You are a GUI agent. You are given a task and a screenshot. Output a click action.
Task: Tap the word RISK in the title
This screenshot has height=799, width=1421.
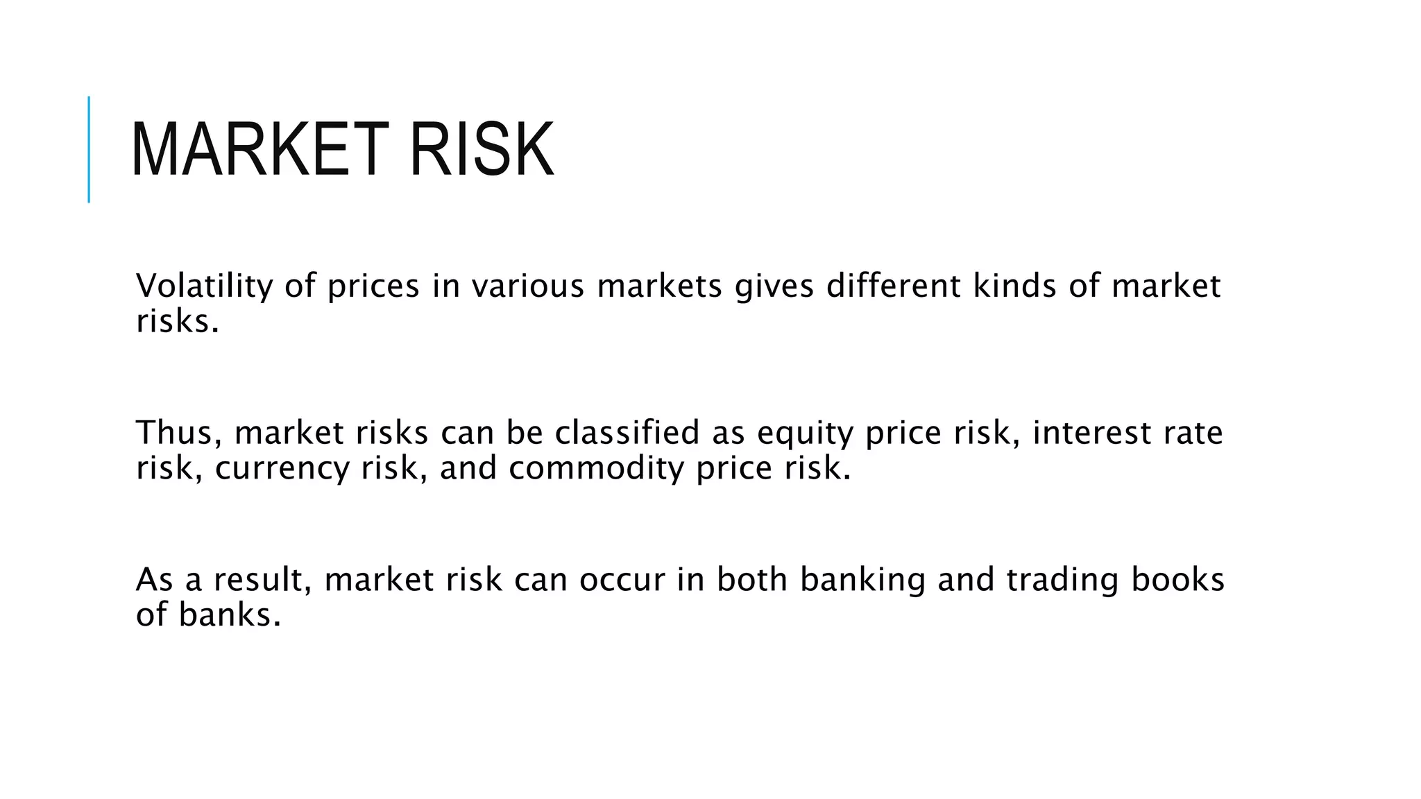[482, 150]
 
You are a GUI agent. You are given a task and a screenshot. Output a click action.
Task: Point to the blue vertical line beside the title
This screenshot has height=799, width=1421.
[89, 149]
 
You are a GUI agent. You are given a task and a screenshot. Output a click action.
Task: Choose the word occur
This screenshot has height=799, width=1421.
[622, 581]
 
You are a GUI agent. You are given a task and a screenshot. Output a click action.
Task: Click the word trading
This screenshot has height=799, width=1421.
[1062, 581]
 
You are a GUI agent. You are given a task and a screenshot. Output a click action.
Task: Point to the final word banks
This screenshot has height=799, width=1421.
[229, 615]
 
